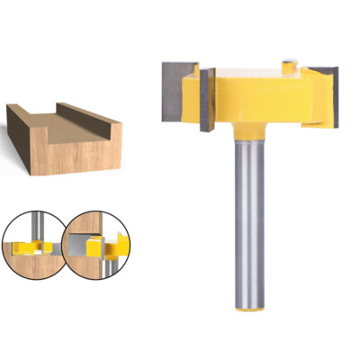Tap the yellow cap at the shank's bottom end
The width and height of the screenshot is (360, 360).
point(249,309)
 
